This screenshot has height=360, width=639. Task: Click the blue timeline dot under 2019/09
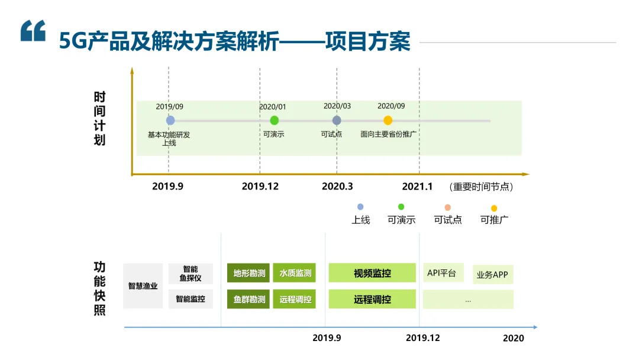click(x=170, y=120)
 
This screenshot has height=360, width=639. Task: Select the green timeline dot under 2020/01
click(x=274, y=120)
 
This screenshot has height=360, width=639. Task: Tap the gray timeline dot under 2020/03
click(x=337, y=120)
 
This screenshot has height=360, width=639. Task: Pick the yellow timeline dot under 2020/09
click(x=388, y=120)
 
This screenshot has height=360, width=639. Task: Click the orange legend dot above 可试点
click(x=447, y=207)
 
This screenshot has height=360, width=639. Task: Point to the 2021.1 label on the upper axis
click(x=417, y=187)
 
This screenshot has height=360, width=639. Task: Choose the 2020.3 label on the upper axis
click(x=337, y=187)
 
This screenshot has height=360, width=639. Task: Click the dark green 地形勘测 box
click(x=248, y=273)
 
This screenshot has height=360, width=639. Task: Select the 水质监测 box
click(x=295, y=273)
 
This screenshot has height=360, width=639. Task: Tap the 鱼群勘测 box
click(x=248, y=299)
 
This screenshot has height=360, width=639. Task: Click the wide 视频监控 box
click(x=372, y=273)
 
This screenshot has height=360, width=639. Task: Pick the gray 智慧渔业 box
click(x=143, y=286)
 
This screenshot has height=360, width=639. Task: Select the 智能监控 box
click(x=190, y=299)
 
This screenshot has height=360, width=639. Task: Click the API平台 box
click(x=443, y=273)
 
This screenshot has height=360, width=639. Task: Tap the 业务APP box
click(x=492, y=274)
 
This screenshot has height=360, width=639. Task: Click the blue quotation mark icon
click(x=33, y=31)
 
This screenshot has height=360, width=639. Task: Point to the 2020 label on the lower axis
click(x=513, y=338)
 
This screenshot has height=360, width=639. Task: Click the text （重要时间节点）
click(x=481, y=187)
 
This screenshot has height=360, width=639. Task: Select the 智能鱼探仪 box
click(x=190, y=273)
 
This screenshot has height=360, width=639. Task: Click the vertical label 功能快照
click(x=99, y=288)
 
